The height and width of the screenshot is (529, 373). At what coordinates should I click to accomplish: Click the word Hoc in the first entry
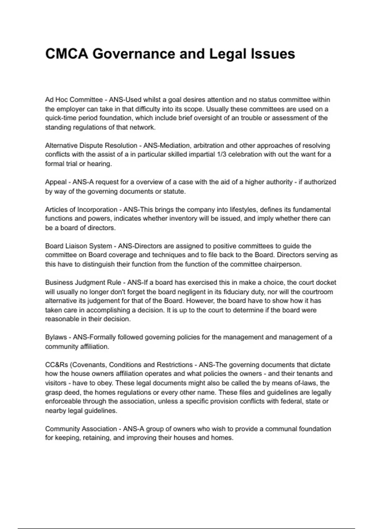pyautogui.click(x=62, y=100)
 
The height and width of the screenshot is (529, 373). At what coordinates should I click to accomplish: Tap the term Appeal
pyautogui.click(x=56, y=182)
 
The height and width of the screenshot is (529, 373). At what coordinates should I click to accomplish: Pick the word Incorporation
pyautogui.click(x=97, y=209)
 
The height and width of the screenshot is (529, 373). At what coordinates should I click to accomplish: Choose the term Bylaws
pyautogui.click(x=56, y=337)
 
